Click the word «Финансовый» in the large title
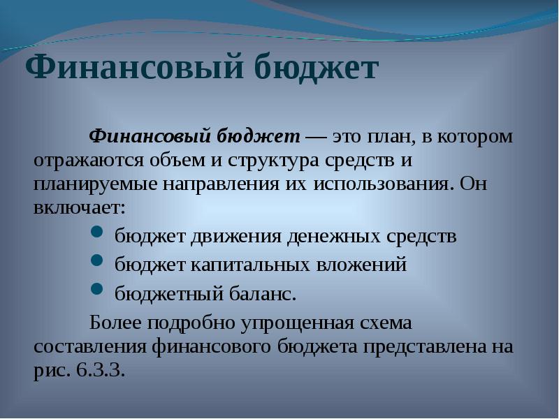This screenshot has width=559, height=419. [x=134, y=67]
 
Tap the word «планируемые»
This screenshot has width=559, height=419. [x=95, y=184]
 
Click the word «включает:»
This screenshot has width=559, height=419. [x=80, y=207]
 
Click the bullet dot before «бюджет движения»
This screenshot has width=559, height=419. [x=96, y=232]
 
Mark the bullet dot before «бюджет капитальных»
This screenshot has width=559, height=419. [x=96, y=260]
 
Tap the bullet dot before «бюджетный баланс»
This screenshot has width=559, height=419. [x=96, y=288]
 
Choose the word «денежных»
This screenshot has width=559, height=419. [x=334, y=237]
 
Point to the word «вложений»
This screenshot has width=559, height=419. [x=361, y=265]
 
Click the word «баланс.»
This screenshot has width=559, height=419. [x=263, y=294]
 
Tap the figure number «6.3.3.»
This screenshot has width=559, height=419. [x=101, y=371]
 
